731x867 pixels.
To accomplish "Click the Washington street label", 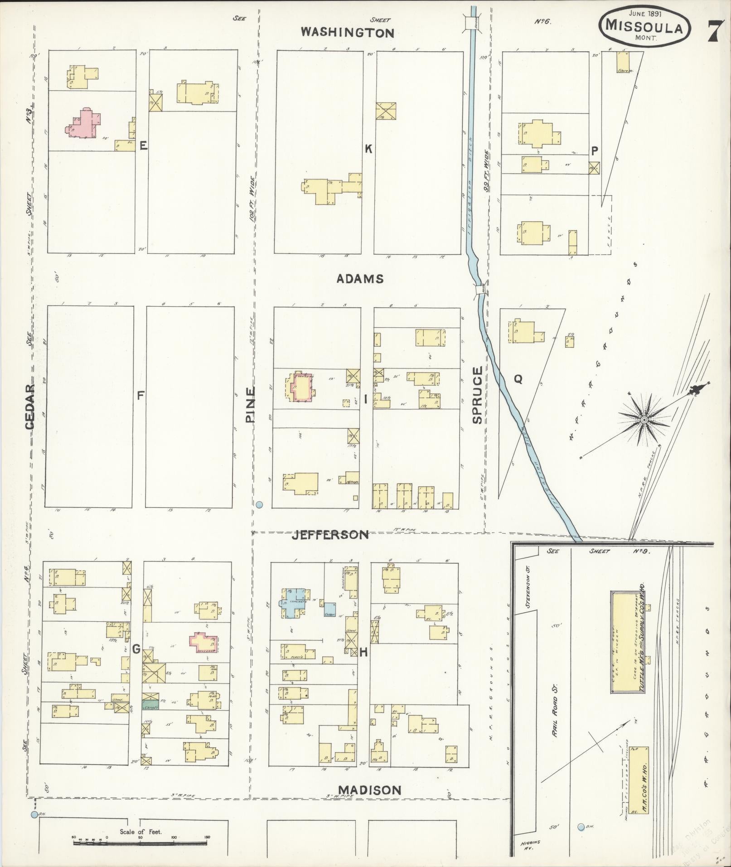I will pyautogui.click(x=348, y=32).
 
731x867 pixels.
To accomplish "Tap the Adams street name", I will pyautogui.click(x=360, y=279).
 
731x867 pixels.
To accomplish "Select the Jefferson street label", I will pyautogui.click(x=329, y=535).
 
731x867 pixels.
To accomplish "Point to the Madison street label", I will pyautogui.click(x=369, y=790).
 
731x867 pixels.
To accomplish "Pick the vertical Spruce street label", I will pyautogui.click(x=478, y=395).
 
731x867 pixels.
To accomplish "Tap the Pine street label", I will pyautogui.click(x=251, y=404).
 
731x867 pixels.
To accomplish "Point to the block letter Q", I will pyautogui.click(x=518, y=379).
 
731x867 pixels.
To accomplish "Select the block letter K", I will pyautogui.click(x=368, y=148).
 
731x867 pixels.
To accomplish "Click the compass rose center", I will pyautogui.click(x=644, y=421).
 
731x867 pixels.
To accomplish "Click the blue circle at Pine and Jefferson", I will pyautogui.click(x=259, y=504).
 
